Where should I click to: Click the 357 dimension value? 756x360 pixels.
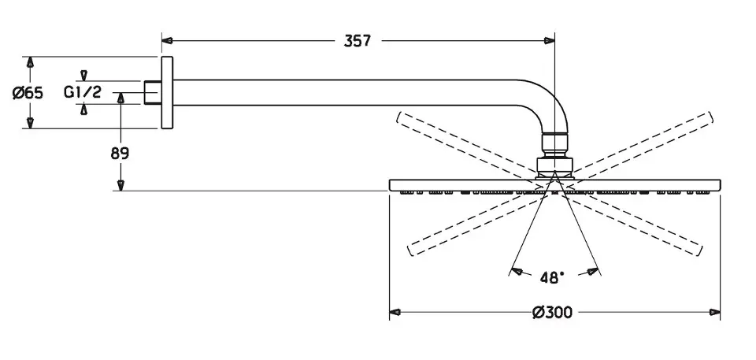(357, 40)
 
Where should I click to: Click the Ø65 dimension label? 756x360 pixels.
(28, 93)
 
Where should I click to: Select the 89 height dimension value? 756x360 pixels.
(120, 154)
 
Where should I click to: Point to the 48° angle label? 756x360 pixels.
(552, 277)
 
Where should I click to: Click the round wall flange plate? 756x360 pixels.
(167, 92)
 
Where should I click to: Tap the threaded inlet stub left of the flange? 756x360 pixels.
(153, 91)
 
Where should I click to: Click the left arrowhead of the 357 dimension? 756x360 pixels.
(167, 40)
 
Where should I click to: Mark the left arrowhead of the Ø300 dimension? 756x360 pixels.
(396, 313)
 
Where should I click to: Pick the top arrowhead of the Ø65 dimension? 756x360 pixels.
(30, 62)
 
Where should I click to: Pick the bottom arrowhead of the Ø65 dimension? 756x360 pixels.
(30, 122)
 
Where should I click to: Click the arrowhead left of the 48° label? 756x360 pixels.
(517, 272)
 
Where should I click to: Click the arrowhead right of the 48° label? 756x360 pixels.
(589, 272)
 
